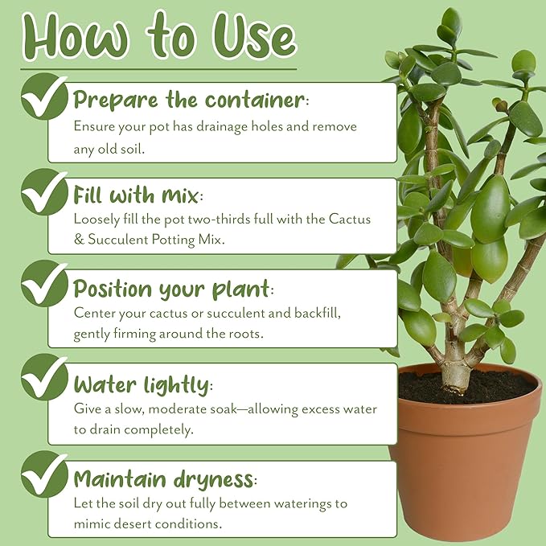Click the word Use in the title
tap(255, 37)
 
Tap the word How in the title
tap(76, 37)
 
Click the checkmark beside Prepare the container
tap(44, 96)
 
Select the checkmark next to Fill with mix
tap(44, 192)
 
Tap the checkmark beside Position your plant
tap(44, 283)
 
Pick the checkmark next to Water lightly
tap(44, 377)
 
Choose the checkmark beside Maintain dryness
tap(44, 474)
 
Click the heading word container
tap(255, 100)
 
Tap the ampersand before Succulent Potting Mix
tap(79, 240)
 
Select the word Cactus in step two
tap(350, 220)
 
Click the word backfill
tap(318, 313)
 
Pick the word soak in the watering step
tap(224, 408)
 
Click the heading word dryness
tap(213, 480)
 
